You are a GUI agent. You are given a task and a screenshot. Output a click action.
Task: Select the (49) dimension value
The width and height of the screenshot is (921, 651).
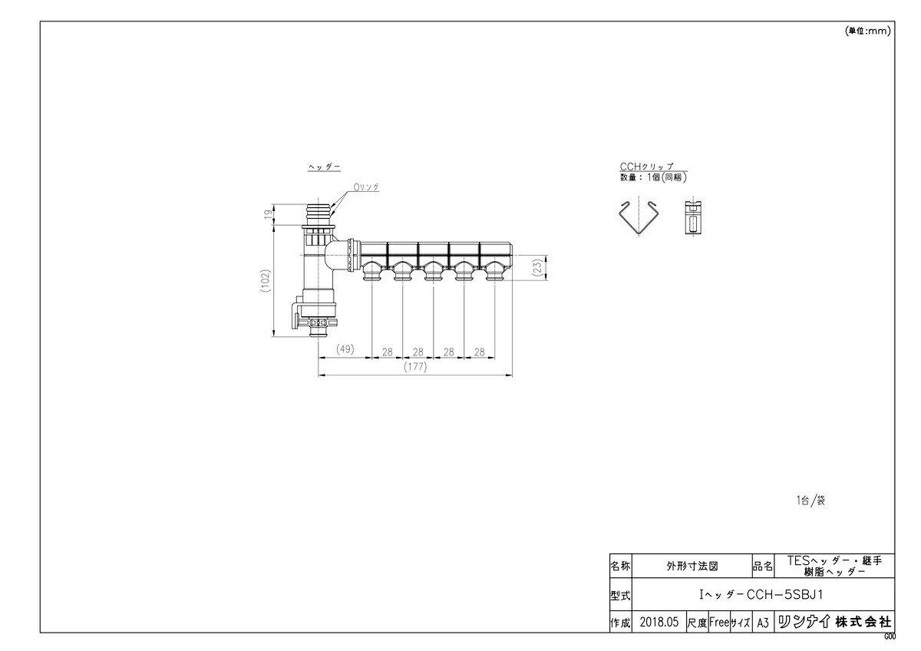(x=345, y=350)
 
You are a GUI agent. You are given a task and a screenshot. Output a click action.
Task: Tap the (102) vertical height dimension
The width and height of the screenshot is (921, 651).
(x=264, y=278)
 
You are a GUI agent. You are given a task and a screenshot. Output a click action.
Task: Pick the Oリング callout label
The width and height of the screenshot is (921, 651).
(x=366, y=187)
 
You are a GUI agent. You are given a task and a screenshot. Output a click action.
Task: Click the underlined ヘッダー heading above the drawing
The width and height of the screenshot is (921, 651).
(x=324, y=167)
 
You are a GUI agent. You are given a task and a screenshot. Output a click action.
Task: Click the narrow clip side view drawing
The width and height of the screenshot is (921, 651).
(x=692, y=219)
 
